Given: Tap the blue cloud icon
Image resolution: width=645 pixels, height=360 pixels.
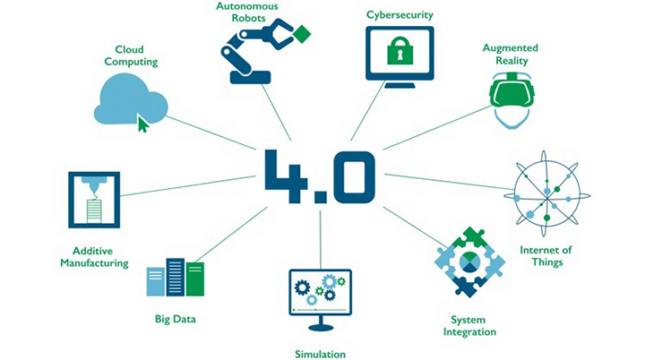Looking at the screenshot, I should pyautogui.click(x=131, y=98).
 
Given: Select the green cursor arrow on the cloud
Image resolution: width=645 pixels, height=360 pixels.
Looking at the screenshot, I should pyautogui.click(x=142, y=123).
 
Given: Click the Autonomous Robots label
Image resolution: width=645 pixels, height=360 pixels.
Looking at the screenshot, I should pyautogui.click(x=247, y=12).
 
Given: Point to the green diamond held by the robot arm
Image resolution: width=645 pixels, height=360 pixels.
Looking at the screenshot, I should pyautogui.click(x=302, y=34).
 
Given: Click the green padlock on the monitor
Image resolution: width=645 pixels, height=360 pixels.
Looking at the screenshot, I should pyautogui.click(x=399, y=51).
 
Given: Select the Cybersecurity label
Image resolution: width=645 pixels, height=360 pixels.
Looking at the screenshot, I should pyautogui.click(x=400, y=15).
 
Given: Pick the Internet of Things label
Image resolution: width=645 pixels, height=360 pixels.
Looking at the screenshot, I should pyautogui.click(x=546, y=256).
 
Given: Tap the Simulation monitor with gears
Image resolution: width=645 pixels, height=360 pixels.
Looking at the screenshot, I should pyautogui.click(x=320, y=291).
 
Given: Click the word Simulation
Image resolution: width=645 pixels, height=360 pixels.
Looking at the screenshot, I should pyautogui.click(x=320, y=354).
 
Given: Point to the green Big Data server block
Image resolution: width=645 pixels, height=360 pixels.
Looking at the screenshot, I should pyautogui.click(x=194, y=279).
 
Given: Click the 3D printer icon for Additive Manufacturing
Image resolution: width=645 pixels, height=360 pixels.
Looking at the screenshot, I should pyautogui.click(x=94, y=200).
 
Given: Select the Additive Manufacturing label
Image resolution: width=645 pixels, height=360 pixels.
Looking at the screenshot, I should pyautogui.click(x=94, y=257).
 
